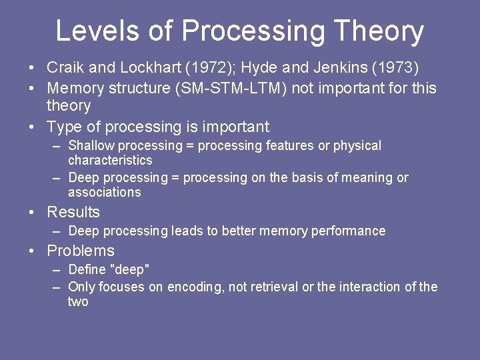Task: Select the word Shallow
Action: pos(91,145)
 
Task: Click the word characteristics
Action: pos(110,160)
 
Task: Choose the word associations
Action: pos(105,192)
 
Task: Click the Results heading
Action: pos(73,212)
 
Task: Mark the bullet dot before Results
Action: pos(32,213)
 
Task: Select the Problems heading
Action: pos(81,251)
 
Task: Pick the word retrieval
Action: pos(273,287)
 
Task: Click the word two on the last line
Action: pos(78,301)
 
